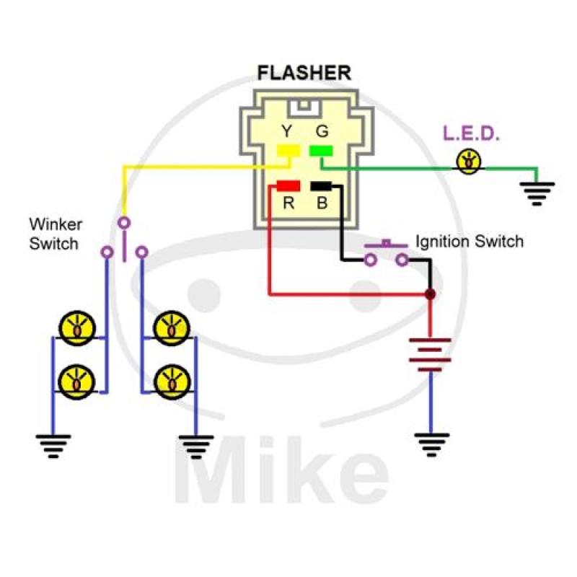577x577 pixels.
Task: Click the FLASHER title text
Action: [304, 73]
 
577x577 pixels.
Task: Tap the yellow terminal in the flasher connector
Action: [289, 150]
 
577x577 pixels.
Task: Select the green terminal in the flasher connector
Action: [321, 150]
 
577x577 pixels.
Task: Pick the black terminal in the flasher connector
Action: [321, 186]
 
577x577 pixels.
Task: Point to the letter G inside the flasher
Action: [322, 131]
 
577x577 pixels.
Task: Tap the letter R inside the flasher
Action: [288, 203]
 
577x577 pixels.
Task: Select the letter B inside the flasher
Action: [322, 203]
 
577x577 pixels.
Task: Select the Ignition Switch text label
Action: [469, 241]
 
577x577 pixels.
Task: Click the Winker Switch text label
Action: [55, 234]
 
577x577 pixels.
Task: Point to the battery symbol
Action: [431, 354]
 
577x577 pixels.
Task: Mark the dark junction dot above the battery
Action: [431, 294]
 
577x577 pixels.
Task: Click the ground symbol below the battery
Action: [431, 444]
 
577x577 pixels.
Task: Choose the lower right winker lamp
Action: [173, 379]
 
